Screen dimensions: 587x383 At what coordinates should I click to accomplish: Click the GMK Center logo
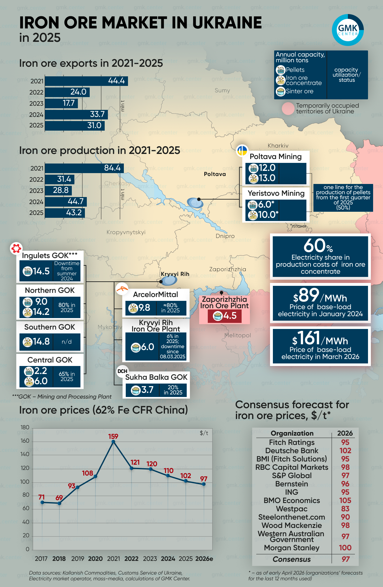click(348, 30)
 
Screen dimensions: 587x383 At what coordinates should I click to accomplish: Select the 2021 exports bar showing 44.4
click(86, 81)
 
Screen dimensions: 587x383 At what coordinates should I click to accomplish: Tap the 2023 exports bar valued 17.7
click(62, 103)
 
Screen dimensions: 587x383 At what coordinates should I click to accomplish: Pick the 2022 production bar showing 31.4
click(60, 179)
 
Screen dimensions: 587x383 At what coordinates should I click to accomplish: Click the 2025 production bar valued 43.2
click(65, 213)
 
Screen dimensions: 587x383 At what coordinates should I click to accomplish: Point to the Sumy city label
click(222, 90)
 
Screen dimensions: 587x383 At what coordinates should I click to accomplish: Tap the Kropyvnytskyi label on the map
click(126, 232)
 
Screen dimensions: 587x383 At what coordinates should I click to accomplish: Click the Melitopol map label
click(237, 335)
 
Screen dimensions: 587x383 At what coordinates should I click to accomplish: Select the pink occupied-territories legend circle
click(288, 109)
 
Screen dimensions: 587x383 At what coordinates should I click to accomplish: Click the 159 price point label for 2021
click(113, 436)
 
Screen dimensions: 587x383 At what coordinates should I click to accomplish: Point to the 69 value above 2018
click(59, 498)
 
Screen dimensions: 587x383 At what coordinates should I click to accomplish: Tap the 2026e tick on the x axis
click(204, 559)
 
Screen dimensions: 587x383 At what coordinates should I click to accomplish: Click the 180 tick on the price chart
click(25, 427)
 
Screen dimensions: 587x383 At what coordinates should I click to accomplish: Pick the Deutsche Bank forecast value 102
click(345, 451)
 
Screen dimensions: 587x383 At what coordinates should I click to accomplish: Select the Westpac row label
click(292, 509)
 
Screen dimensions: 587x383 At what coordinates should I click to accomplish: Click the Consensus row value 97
click(345, 559)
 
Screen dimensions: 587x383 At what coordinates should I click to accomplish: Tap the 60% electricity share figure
click(318, 246)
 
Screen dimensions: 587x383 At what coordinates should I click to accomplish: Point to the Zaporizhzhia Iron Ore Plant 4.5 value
click(229, 316)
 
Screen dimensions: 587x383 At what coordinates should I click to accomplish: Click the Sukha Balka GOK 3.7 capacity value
click(147, 390)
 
